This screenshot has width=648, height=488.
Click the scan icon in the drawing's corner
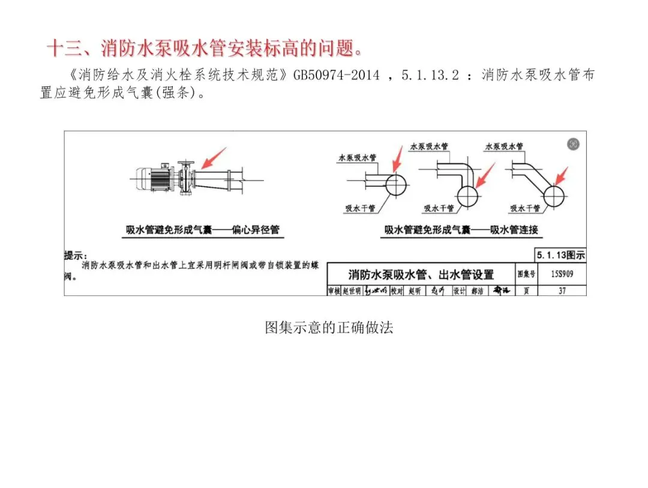tap(574, 144)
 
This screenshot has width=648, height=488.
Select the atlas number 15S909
tap(559, 275)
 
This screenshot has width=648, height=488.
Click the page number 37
tap(562, 291)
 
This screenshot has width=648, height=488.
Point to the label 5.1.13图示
tap(560, 255)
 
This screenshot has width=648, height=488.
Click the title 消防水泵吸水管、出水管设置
tap(421, 275)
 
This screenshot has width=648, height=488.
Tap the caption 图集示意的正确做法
tap(329, 328)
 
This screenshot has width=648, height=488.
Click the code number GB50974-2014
tap(336, 76)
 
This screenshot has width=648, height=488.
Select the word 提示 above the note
tap(76, 256)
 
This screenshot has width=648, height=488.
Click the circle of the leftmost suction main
tap(395, 185)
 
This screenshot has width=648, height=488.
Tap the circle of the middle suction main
tap(468, 194)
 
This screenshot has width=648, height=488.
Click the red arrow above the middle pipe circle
tap(484, 175)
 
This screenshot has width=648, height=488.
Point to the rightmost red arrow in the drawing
tap(561, 176)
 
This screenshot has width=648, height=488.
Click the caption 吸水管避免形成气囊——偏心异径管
tap(202, 230)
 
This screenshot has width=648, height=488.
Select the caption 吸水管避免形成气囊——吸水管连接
tap(461, 230)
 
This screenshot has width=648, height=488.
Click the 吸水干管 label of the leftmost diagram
tap(360, 208)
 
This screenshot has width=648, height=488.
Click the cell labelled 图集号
tap(526, 275)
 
